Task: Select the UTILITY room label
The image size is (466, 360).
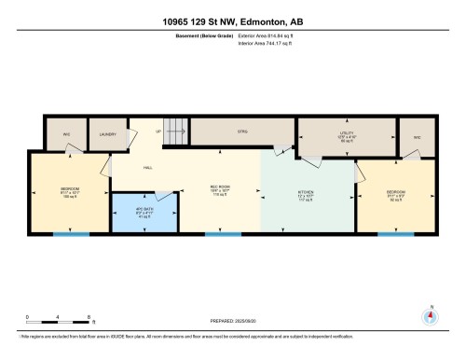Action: tap(347, 135)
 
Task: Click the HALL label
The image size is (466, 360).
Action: tap(147, 168)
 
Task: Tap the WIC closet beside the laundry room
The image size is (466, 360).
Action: tap(67, 134)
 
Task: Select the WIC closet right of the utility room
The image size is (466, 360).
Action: tap(417, 135)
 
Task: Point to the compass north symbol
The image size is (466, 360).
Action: tap(430, 314)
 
